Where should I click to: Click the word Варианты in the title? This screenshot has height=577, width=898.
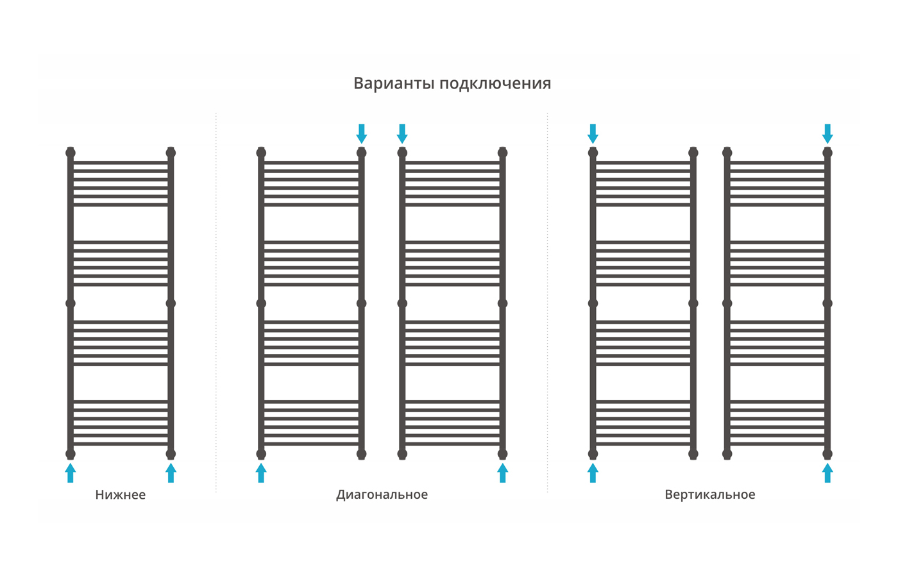394,84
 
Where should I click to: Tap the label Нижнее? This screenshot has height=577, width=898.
121,495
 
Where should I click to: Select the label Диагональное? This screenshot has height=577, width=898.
382,495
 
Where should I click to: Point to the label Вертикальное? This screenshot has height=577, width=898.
710,494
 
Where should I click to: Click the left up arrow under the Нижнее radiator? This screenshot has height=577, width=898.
70,473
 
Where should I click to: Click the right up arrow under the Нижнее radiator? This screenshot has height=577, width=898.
171,473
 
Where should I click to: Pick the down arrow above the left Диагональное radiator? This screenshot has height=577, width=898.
362,134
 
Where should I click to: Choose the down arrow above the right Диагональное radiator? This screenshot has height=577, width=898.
402,134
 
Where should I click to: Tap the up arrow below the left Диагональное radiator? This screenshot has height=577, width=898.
261,473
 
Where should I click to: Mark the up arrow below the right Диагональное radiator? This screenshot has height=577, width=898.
503,473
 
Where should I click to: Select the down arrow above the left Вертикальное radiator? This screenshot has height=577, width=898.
593,134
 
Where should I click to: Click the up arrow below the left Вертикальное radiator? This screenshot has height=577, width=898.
593,473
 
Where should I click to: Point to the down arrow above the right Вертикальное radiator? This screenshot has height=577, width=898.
827,134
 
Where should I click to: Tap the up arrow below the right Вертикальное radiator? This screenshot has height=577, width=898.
827,473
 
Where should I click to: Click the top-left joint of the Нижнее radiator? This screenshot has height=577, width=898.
70,153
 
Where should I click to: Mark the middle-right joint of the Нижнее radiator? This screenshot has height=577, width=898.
171,303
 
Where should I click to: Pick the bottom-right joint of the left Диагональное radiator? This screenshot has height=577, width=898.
362,454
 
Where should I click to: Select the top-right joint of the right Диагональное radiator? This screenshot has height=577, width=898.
503,153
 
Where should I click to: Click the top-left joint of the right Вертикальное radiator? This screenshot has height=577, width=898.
727,153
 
